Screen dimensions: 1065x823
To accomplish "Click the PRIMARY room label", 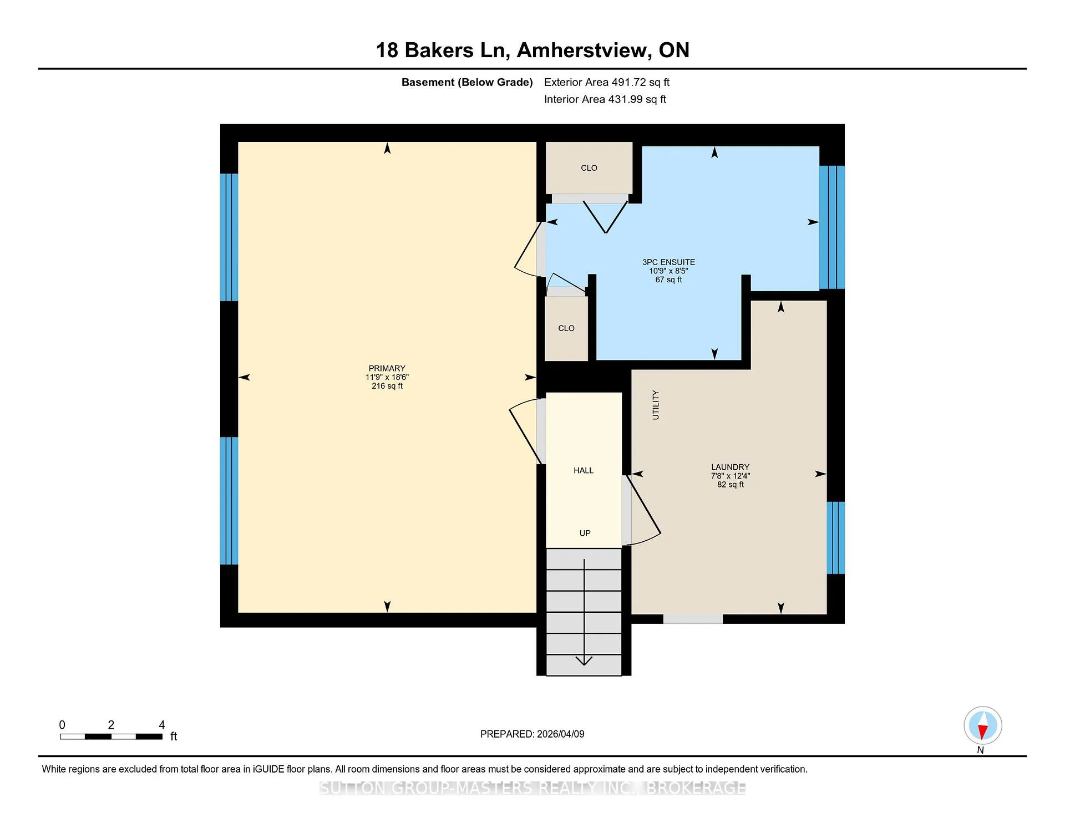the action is pyautogui.click(x=387, y=368).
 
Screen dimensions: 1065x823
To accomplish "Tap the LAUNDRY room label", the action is pyautogui.click(x=730, y=467).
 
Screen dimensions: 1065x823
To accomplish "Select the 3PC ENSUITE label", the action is pyautogui.click(x=668, y=262).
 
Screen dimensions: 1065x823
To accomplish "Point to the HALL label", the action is pyautogui.click(x=584, y=470).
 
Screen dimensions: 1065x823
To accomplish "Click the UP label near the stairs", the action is pyautogui.click(x=585, y=533).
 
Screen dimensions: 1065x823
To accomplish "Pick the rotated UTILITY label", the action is pyautogui.click(x=656, y=405).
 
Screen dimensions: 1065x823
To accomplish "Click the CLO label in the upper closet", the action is pyautogui.click(x=589, y=168).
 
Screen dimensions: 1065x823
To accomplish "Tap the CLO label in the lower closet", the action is pyautogui.click(x=566, y=328).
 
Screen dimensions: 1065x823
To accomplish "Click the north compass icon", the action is pyautogui.click(x=982, y=725).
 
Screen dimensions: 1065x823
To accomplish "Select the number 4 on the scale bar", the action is pyautogui.click(x=162, y=725).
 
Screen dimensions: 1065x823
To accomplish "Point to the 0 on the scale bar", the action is pyautogui.click(x=62, y=725).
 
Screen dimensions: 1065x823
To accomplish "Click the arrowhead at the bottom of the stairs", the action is pyautogui.click(x=584, y=661).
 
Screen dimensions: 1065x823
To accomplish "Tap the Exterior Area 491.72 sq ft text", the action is pyautogui.click(x=607, y=82).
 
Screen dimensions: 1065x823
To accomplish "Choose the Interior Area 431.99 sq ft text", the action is pyautogui.click(x=605, y=99).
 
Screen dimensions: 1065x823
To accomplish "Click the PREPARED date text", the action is pyautogui.click(x=532, y=734).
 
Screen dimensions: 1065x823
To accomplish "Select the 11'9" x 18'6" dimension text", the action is pyautogui.click(x=387, y=377).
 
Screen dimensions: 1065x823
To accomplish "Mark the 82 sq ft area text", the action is pyautogui.click(x=730, y=484).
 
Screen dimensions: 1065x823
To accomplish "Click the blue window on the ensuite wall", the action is pyautogui.click(x=832, y=227).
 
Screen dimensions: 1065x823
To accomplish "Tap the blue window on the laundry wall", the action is pyautogui.click(x=836, y=537).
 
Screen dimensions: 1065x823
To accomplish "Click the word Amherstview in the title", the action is pyautogui.click(x=584, y=50).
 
